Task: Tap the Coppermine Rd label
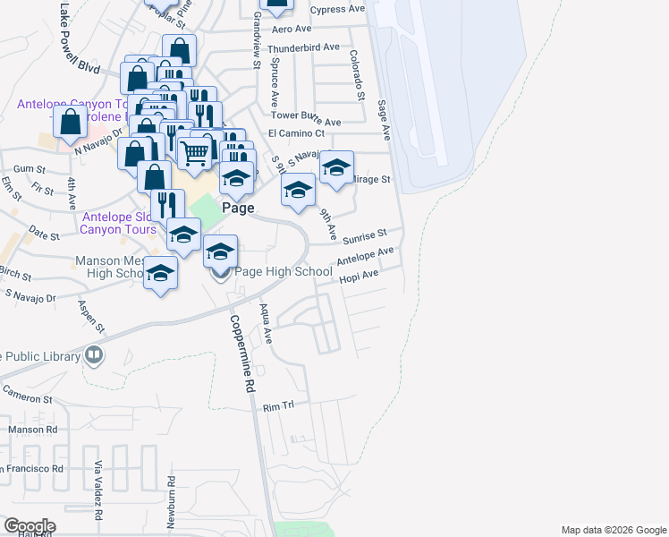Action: pyautogui.click(x=238, y=354)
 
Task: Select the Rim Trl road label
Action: pyautogui.click(x=278, y=406)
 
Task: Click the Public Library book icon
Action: pyautogui.click(x=93, y=356)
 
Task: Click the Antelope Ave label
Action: pyautogui.click(x=365, y=258)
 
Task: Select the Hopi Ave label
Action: pyautogui.click(x=360, y=277)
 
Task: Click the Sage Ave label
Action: pyautogui.click(x=385, y=120)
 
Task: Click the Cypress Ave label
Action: pyautogui.click(x=337, y=9)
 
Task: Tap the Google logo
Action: pyautogui.click(x=30, y=526)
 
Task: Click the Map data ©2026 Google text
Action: pyautogui.click(x=613, y=530)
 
